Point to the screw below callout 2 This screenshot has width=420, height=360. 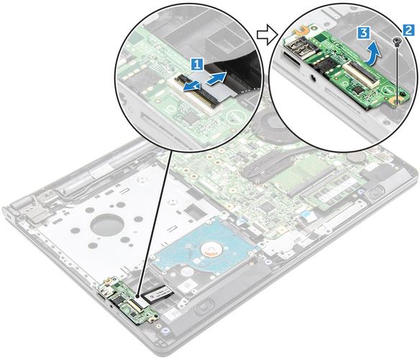coord(397,42)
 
